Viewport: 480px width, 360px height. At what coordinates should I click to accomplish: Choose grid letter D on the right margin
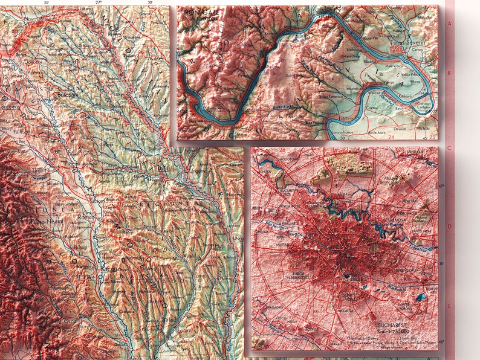point(449,227)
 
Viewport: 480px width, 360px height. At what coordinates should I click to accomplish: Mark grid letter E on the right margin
point(449,307)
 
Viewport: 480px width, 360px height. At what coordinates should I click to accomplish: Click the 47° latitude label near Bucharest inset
point(441,187)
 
